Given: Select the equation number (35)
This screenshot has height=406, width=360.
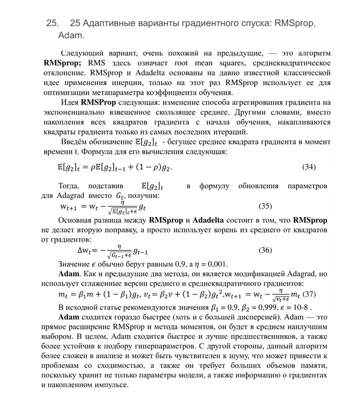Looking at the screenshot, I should pyautogui.click(x=265, y=205).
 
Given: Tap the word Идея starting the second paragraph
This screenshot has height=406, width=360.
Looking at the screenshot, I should pyautogui.click(x=70, y=102).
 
